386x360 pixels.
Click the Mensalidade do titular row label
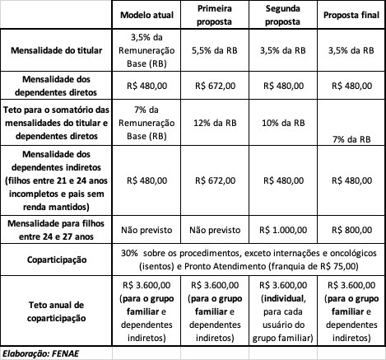click(56, 50)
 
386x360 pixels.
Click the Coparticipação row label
click(56, 258)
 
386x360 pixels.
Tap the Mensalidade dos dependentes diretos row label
click(56, 83)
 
